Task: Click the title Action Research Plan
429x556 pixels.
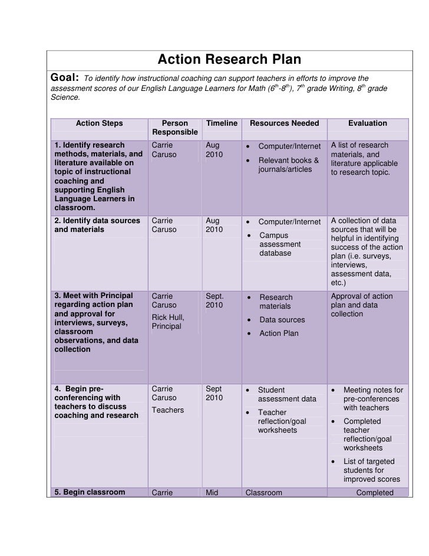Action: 229,60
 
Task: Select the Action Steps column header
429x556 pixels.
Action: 99,123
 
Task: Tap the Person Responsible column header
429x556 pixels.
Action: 174,128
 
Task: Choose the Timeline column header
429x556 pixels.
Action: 222,123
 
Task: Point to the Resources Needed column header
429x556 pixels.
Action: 284,123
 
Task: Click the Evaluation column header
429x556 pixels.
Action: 367,123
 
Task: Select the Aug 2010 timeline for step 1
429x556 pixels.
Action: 214,150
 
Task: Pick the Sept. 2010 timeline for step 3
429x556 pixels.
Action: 216,301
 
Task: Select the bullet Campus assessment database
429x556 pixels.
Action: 280,244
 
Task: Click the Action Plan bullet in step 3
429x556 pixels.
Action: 279,333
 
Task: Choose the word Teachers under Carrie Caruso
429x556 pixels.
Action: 167,410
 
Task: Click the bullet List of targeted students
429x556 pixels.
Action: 371,470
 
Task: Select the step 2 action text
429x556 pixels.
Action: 97,225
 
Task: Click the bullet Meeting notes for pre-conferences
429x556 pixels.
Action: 372,399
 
